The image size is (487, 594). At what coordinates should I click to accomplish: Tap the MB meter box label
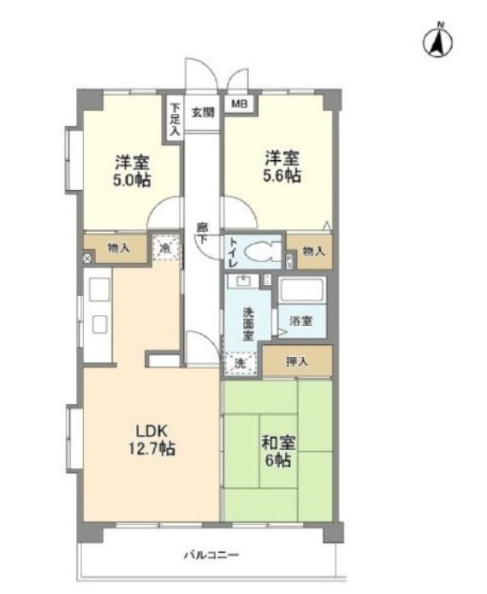pyautogui.click(x=240, y=104)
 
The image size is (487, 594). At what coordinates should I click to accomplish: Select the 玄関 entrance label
pyautogui.click(x=203, y=112)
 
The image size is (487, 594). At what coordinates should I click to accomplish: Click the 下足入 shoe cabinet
pyautogui.click(x=175, y=119)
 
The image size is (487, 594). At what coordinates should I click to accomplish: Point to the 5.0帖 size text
pyautogui.click(x=132, y=180)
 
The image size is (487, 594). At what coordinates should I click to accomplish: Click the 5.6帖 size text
pyautogui.click(x=282, y=175)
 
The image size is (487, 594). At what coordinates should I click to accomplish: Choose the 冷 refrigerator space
pyautogui.click(x=165, y=247)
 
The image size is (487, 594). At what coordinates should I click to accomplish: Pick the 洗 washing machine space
pyautogui.click(x=241, y=364)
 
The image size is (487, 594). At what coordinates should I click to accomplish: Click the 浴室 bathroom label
pyautogui.click(x=301, y=321)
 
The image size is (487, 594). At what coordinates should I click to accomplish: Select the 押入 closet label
pyautogui.click(x=297, y=361)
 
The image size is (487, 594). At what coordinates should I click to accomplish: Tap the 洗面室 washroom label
pyautogui.click(x=248, y=324)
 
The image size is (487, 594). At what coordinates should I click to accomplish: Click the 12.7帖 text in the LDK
pyautogui.click(x=151, y=448)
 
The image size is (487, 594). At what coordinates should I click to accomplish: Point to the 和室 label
pyautogui.click(x=279, y=443)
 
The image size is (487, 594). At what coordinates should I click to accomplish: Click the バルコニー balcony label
pyautogui.click(x=211, y=555)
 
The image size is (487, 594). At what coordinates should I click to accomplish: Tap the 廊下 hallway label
pyautogui.click(x=202, y=233)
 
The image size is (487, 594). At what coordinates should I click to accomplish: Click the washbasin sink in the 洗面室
pyautogui.click(x=242, y=282)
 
